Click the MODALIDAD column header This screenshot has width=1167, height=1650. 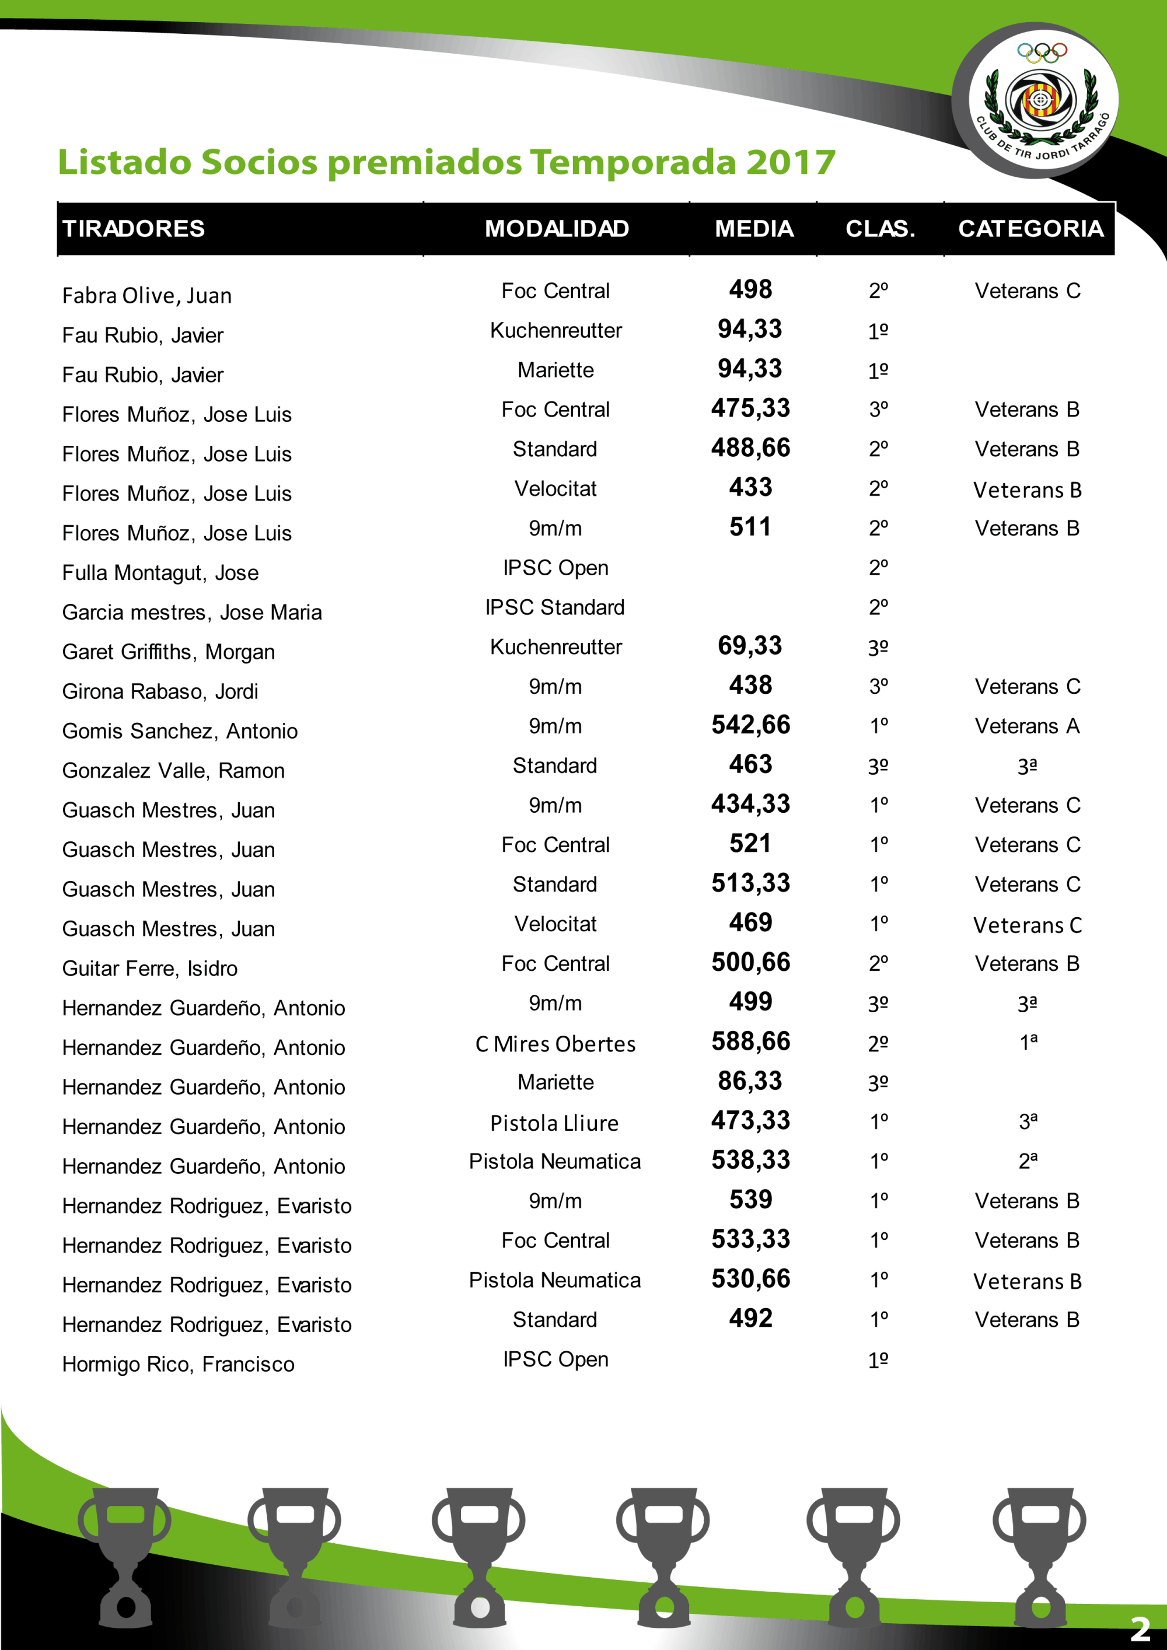pos(556,229)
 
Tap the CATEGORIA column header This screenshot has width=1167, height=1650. pos(1030,229)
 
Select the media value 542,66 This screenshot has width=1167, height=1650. pos(750,725)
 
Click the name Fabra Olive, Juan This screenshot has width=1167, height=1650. pos(146,295)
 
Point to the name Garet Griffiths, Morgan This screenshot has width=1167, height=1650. pos(168,652)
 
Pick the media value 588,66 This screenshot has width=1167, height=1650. pos(750,1041)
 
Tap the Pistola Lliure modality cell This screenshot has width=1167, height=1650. pos(554,1123)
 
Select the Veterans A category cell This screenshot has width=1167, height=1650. pos(1027,726)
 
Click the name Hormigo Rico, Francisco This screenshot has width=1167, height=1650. pos(178,1364)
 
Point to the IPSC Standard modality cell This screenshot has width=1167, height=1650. pos(555,607)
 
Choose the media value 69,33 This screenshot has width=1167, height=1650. pos(749,645)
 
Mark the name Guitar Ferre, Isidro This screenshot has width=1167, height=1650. pos(149,968)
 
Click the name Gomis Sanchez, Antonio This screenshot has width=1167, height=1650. pos(180,731)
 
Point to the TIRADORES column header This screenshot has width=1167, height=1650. pos(134,229)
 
